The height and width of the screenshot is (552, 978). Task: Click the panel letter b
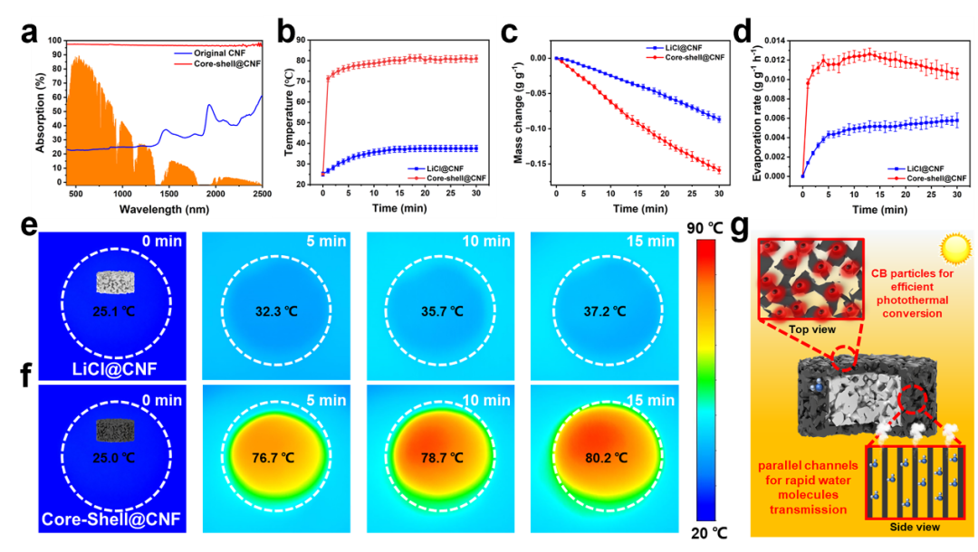click(x=287, y=33)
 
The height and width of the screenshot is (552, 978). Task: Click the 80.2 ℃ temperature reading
click(x=605, y=459)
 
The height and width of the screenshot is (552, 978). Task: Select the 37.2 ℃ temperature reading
click(x=605, y=311)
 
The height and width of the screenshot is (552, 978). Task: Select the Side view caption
click(x=916, y=527)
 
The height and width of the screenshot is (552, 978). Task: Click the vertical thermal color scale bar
click(x=707, y=380)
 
